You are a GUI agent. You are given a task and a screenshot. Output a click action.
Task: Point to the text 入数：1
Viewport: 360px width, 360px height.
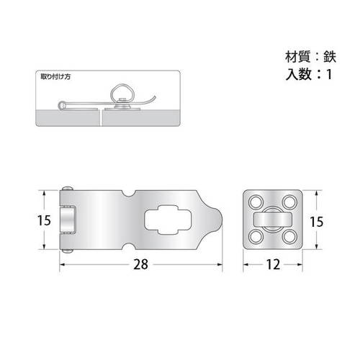click(307, 74)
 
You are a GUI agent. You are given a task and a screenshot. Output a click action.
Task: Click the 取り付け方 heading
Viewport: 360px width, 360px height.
click(55, 75)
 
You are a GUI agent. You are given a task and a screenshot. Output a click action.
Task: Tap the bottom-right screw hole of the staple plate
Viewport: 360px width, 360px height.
click(289, 236)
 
